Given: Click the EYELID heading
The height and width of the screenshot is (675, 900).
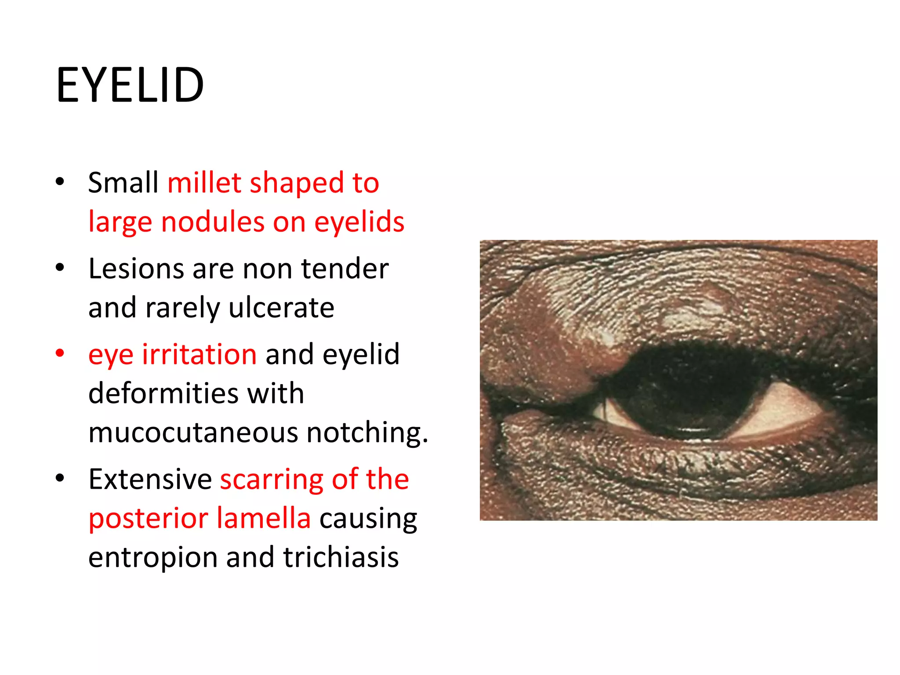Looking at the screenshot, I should point(130,85).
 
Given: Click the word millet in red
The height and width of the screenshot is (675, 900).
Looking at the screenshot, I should point(204,183).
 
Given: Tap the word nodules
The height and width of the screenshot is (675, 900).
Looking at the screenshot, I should point(212,222).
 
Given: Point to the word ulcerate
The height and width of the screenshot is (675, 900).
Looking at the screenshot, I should point(281,308).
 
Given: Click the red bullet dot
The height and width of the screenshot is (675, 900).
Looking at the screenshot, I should point(60,354).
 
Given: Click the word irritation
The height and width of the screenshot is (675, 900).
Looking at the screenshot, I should point(199,355).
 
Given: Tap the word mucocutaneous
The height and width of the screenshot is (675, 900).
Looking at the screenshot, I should point(193,432).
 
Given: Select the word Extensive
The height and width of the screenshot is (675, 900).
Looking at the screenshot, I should point(150,479).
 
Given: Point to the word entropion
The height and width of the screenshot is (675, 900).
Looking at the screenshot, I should point(153,558).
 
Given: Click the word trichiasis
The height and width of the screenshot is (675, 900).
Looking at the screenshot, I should point(341,558).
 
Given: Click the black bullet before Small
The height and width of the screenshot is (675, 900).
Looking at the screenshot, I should point(60,182).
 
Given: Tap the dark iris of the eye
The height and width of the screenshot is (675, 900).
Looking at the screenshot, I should point(686,396).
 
